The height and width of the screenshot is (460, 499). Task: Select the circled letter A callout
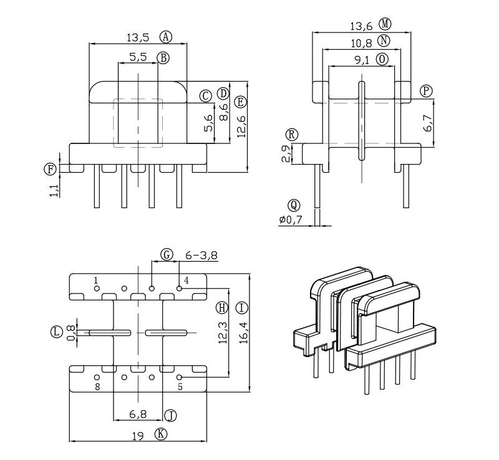pyautogui.click(x=165, y=36)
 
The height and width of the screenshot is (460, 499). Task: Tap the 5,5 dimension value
pyautogui.click(x=138, y=57)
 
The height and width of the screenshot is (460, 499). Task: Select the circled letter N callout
pyautogui.click(x=384, y=41)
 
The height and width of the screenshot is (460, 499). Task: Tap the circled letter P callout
pyautogui.click(x=426, y=91)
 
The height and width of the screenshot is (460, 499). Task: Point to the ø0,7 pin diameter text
pyautogui.click(x=291, y=220)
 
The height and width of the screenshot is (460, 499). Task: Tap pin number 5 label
pyautogui.click(x=180, y=387)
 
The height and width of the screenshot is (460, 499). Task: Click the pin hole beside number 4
pyautogui.click(x=180, y=289)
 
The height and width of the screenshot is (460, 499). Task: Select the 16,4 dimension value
pyautogui.click(x=243, y=333)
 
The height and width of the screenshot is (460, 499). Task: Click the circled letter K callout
pyautogui.click(x=162, y=434)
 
